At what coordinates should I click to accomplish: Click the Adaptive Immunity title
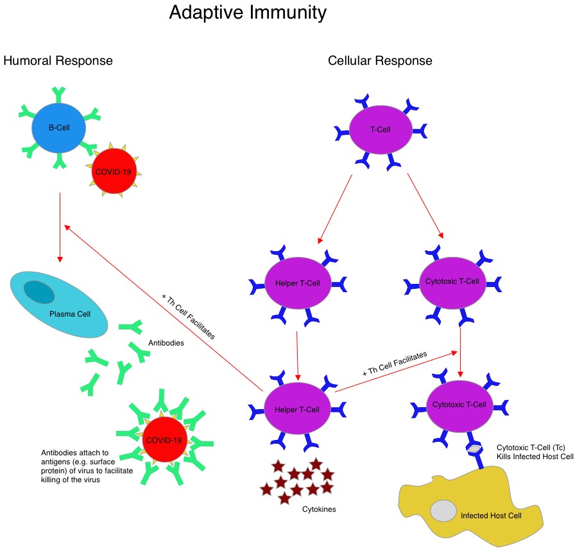click(248, 13)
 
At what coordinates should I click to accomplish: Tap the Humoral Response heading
click(58, 61)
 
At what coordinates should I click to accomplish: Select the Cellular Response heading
click(380, 61)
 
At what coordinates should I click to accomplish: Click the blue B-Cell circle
click(59, 128)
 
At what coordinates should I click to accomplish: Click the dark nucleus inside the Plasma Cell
click(40, 292)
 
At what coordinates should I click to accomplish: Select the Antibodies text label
click(166, 343)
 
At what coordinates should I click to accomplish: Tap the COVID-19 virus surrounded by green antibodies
click(164, 440)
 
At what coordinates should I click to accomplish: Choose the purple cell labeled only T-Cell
click(381, 129)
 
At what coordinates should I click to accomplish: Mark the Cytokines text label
click(319, 509)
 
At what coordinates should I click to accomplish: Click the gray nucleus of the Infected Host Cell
click(443, 511)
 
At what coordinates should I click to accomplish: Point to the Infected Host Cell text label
click(491, 516)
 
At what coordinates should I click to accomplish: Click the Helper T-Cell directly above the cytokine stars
click(297, 409)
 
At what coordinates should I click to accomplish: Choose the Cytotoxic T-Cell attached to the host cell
click(459, 405)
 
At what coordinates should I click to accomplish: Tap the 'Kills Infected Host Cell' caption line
click(535, 456)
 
